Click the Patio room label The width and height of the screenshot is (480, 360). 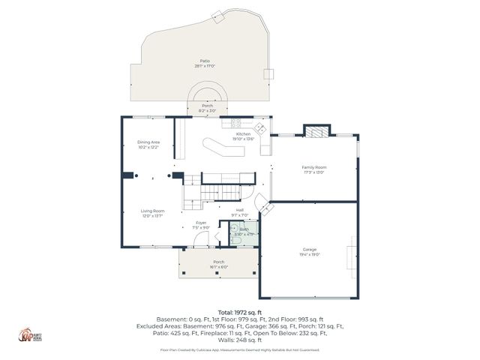point(205,61)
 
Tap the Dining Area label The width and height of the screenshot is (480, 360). point(148,142)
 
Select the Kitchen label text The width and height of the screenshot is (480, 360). point(244,134)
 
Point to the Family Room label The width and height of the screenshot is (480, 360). point(313,167)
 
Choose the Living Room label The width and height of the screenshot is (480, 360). point(152,211)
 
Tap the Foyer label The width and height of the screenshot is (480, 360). point(201,223)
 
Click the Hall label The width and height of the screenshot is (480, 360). point(240,210)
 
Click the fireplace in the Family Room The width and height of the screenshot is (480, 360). point(316,131)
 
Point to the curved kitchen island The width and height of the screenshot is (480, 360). point(224,147)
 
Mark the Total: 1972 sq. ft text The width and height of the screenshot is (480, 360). point(239,311)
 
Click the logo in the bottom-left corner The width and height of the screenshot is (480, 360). point(29,334)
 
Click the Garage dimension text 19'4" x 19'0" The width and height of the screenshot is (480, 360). point(310,254)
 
